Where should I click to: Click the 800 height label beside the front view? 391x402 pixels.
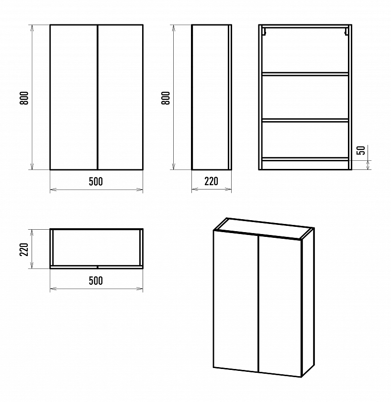pyautogui.click(x=24, y=98)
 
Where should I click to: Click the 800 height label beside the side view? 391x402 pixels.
pyautogui.click(x=166, y=98)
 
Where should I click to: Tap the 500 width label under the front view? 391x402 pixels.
pyautogui.click(x=96, y=181)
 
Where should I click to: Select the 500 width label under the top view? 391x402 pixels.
pyautogui.click(x=96, y=281)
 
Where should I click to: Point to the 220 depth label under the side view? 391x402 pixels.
pyautogui.click(x=211, y=181)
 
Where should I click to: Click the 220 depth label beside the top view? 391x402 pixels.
pyautogui.click(x=24, y=249)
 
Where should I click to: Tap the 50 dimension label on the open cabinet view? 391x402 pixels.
pyautogui.click(x=361, y=150)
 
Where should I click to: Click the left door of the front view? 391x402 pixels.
pyautogui.click(x=74, y=97)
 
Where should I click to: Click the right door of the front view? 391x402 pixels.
pyautogui.click(x=121, y=97)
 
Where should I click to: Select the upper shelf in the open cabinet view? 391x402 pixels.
pyautogui.click(x=305, y=74)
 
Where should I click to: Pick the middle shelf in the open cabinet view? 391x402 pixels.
pyautogui.click(x=305, y=120)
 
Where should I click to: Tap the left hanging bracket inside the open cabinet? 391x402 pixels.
pyautogui.click(x=264, y=31)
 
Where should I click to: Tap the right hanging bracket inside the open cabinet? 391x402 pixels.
pyautogui.click(x=346, y=31)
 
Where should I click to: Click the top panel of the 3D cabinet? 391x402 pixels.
pyautogui.click(x=264, y=229)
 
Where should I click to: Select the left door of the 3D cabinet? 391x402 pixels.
pyautogui.click(x=235, y=301)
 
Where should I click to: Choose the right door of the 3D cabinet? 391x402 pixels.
pyautogui.click(x=280, y=306)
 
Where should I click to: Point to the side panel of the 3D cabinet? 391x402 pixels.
pyautogui.click(x=308, y=302)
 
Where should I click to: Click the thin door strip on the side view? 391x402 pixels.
pyautogui.click(x=230, y=97)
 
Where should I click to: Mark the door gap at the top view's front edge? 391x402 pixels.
pyautogui.click(x=98, y=267)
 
